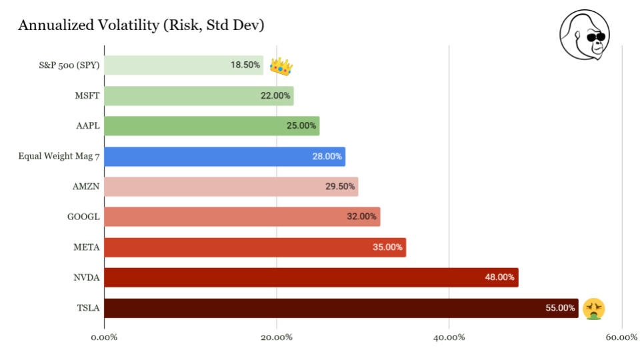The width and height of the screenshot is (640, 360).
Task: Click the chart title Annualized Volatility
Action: (141, 25)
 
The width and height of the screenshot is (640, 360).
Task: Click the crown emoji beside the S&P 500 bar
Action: (281, 65)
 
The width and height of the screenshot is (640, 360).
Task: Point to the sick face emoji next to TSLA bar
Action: (593, 309)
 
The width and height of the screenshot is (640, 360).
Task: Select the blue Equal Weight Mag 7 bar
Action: (225, 157)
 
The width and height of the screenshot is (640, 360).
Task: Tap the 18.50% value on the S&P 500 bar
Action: (245, 65)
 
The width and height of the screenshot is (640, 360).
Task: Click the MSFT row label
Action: (87, 96)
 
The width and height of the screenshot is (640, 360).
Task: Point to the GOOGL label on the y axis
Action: (84, 217)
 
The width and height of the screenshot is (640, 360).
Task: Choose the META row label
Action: (86, 247)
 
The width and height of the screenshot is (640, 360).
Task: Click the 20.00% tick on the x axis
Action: (277, 337)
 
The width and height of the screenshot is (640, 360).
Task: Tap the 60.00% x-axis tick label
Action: (621, 337)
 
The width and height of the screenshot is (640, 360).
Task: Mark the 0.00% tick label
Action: (104, 337)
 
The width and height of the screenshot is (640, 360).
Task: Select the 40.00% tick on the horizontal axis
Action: (449, 337)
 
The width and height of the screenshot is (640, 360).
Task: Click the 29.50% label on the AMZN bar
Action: (340, 187)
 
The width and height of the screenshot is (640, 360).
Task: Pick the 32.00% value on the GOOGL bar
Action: (362, 217)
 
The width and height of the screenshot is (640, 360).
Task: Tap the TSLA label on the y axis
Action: (88, 308)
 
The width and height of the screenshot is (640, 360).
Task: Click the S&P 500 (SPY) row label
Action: (69, 65)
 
